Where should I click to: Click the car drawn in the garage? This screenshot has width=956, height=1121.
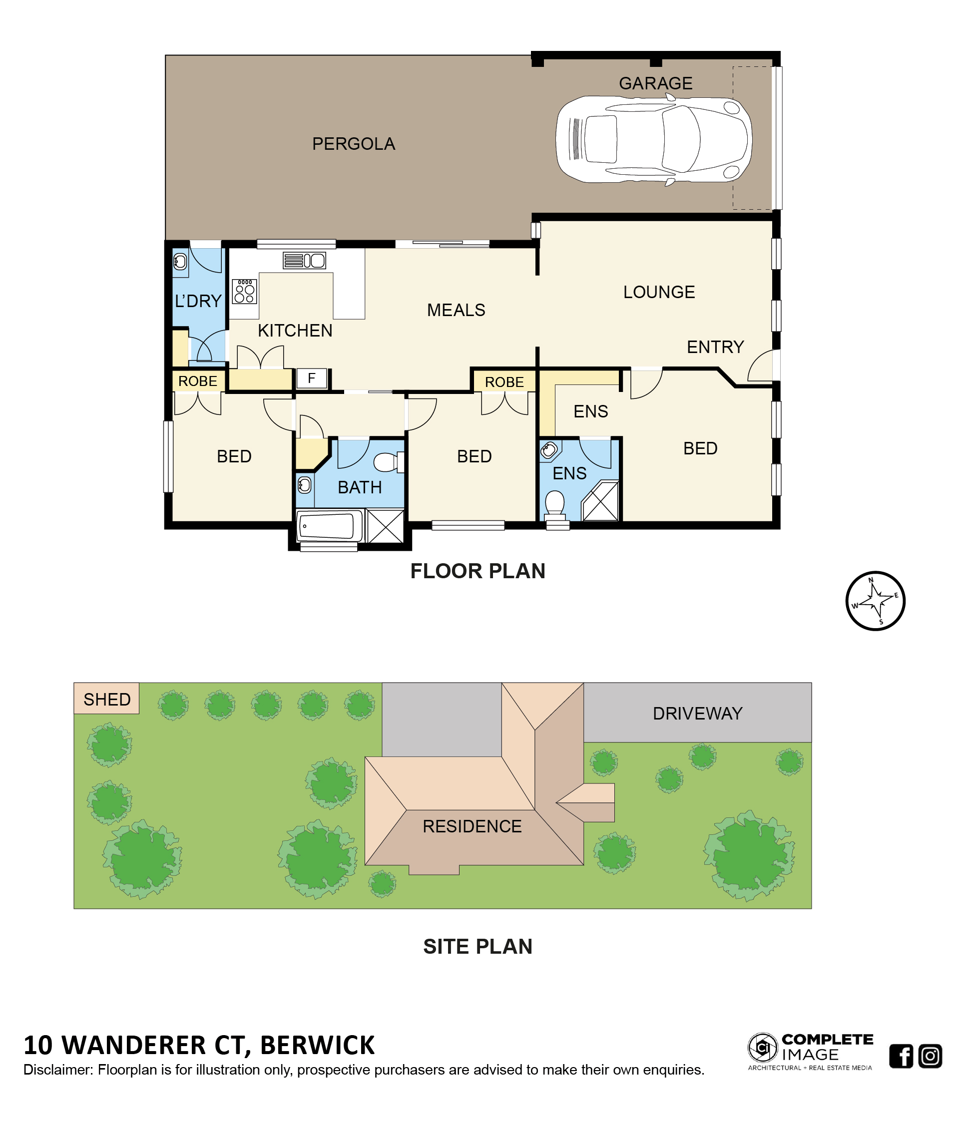[653, 140]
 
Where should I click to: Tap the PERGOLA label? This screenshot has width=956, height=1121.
[353, 144]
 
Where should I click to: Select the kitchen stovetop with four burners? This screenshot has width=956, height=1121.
[245, 291]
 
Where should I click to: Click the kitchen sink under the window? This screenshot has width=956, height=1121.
[304, 261]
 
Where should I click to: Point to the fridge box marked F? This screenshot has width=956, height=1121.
[312, 378]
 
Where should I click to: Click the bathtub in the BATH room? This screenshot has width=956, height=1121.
[330, 525]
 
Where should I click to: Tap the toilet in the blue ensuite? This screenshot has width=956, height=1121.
[554, 504]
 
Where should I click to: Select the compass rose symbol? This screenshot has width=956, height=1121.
[875, 601]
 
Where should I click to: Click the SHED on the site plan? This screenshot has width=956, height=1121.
[106, 699]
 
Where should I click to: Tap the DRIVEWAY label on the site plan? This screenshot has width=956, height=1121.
[697, 714]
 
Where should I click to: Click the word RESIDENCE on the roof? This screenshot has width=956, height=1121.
[472, 826]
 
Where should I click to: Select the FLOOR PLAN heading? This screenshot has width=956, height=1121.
[478, 571]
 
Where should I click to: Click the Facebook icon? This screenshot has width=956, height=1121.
[901, 1056]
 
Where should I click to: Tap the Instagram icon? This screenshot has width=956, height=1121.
[930, 1056]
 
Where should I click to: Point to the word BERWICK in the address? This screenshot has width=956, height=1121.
[318, 1045]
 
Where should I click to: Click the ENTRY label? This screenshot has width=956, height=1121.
[715, 347]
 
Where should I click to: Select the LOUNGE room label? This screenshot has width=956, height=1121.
[659, 292]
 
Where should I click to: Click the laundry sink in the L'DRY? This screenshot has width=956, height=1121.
[180, 262]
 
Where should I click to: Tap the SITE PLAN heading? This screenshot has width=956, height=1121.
[478, 947]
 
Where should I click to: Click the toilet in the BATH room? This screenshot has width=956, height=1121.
[388, 462]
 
